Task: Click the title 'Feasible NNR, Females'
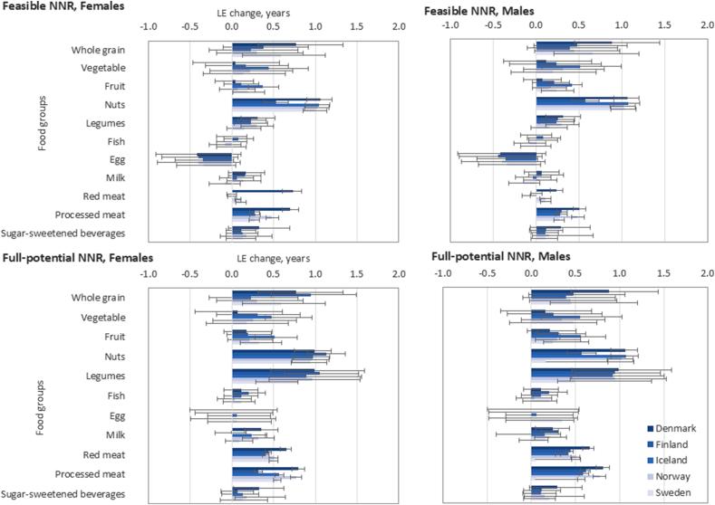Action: [62, 8]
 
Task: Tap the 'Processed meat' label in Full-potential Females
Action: [91, 474]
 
